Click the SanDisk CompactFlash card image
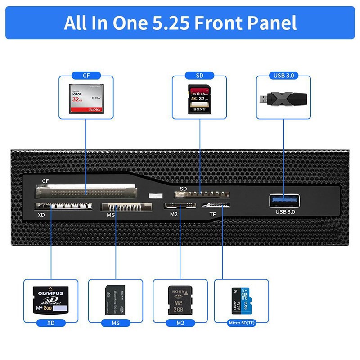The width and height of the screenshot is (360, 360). tap(86, 98)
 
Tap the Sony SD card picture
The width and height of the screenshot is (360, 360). tap(199, 100)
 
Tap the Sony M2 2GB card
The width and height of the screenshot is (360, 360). tap(180, 299)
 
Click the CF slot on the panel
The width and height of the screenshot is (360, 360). tap(85, 192)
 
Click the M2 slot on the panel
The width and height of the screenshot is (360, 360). tap(180, 206)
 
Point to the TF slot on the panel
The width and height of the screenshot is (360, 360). tap(216, 206)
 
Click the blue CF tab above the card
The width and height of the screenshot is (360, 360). tap(86, 76)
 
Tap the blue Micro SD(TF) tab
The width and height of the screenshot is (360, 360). tap(241, 322)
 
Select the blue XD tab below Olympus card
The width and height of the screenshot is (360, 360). tap(51, 323)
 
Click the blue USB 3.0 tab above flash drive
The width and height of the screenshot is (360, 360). tap(283, 76)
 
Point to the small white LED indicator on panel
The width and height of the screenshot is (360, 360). tap(155, 197)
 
